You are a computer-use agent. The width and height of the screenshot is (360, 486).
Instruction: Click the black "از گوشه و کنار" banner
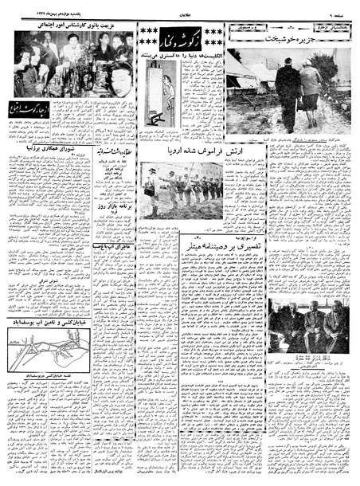180,33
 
